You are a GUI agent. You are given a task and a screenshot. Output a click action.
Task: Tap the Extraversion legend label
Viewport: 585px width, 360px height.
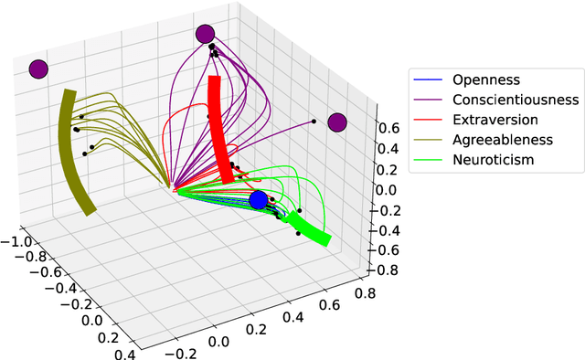point(495,120)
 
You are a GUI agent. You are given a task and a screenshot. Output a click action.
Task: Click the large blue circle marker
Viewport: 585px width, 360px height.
point(259,199)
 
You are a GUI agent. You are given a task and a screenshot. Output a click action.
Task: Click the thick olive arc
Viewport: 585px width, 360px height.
point(73,151)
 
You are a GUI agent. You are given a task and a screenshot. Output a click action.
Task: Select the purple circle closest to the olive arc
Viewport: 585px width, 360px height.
point(37,69)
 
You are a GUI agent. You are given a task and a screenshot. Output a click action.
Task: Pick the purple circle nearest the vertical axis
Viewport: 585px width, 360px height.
point(337,122)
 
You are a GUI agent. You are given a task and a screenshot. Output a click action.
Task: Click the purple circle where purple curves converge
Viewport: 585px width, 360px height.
point(204,35)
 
